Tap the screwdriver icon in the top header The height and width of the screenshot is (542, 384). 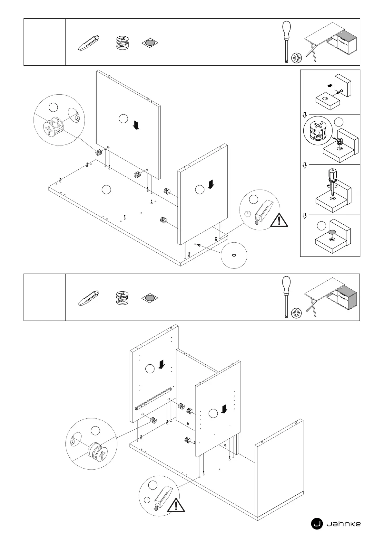[x=286, y=42]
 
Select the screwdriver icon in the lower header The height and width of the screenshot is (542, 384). [x=286, y=297]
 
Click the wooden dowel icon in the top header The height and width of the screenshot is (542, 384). [x=89, y=43]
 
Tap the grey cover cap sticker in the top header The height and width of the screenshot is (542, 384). [x=150, y=43]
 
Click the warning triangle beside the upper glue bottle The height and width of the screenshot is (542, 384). [x=279, y=221]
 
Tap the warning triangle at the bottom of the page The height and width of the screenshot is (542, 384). [x=176, y=506]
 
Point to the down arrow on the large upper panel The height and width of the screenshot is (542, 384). [x=137, y=125]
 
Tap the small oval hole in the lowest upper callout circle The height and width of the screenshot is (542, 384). [x=234, y=255]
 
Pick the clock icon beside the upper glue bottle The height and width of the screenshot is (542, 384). [x=248, y=214]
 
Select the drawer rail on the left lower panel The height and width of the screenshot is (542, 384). [x=154, y=399]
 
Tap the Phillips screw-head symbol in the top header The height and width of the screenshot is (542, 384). [x=297, y=58]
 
